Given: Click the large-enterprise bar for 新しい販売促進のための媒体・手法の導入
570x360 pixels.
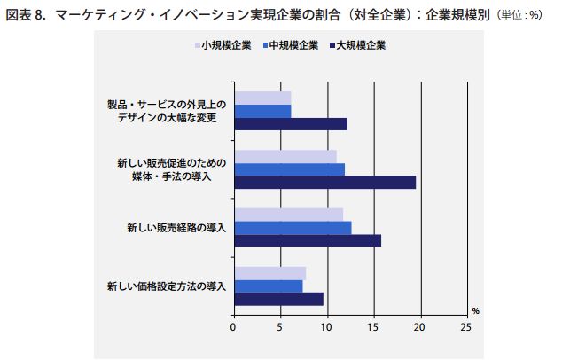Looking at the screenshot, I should (x=324, y=183).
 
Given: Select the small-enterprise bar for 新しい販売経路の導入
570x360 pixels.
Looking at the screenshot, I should (x=288, y=215).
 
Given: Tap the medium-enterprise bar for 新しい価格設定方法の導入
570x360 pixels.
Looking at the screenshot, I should (x=268, y=286).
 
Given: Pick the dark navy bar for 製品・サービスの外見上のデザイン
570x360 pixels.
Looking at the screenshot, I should (x=290, y=124).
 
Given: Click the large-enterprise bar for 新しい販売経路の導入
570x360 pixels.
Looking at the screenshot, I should (x=307, y=240).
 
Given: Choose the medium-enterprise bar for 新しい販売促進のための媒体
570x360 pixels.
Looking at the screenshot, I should (x=289, y=169).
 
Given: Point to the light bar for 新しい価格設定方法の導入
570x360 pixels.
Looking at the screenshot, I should (x=269, y=273).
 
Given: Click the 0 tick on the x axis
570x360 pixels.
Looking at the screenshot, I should (x=233, y=326).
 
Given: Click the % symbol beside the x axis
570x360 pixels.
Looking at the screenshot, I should (x=475, y=310).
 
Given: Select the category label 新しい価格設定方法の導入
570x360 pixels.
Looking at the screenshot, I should (x=167, y=286).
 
